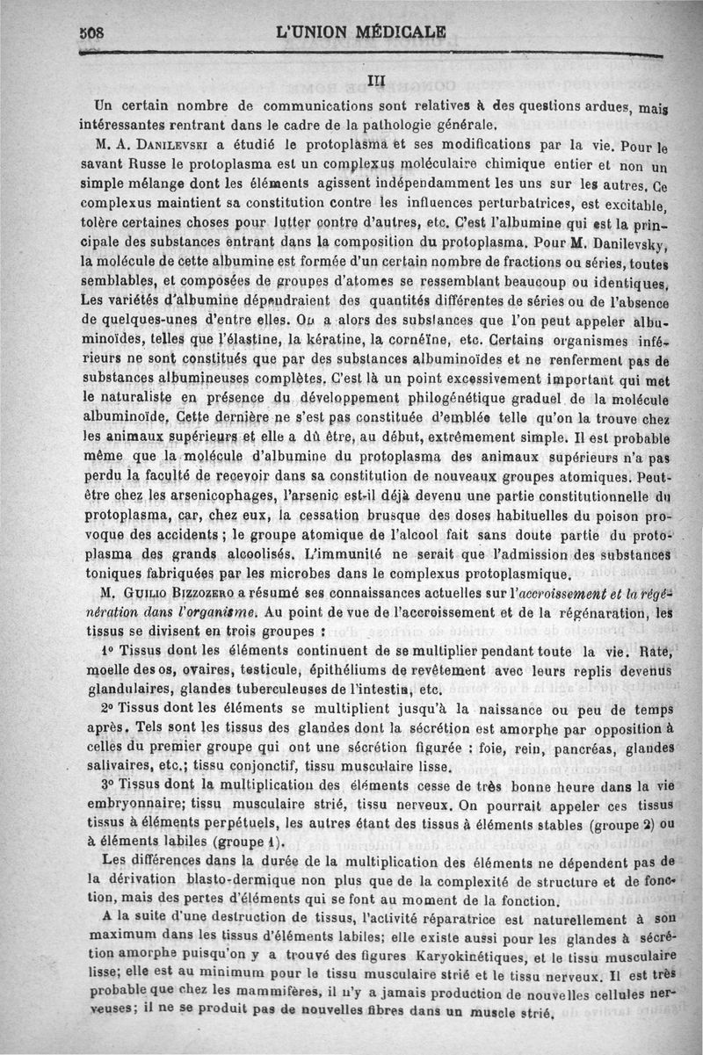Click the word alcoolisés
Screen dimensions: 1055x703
(253, 555)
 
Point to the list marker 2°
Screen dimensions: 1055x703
(111, 711)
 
